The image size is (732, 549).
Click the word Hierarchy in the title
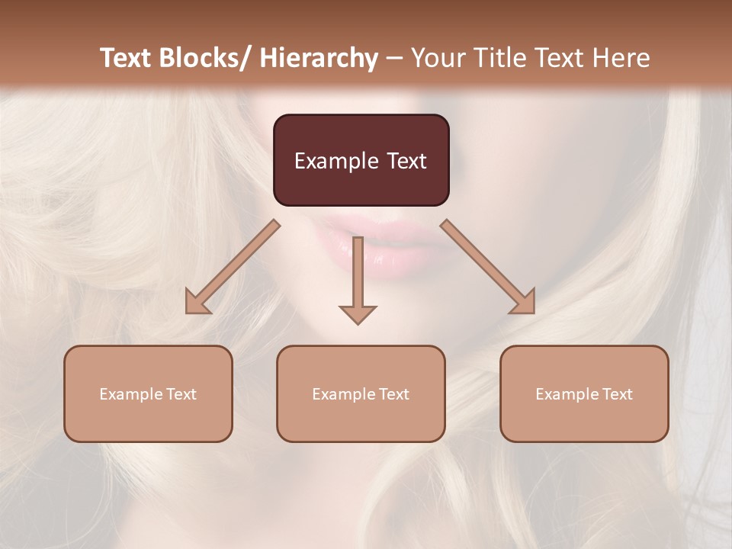(x=319, y=58)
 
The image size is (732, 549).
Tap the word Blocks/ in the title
(x=205, y=58)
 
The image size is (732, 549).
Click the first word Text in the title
(x=125, y=58)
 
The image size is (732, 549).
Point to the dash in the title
(x=394, y=59)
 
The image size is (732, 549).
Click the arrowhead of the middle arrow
(x=358, y=313)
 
